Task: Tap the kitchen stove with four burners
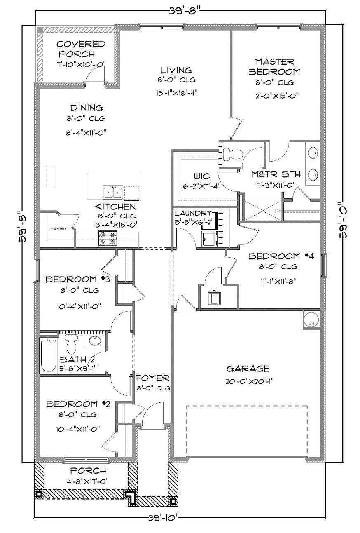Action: click(x=108, y=239)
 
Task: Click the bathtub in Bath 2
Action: click(x=48, y=355)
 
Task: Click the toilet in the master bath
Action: click(x=232, y=154)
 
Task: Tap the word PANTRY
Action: click(x=58, y=229)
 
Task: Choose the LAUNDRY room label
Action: click(x=194, y=213)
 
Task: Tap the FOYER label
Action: click(x=152, y=378)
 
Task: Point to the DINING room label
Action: click(x=86, y=108)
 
